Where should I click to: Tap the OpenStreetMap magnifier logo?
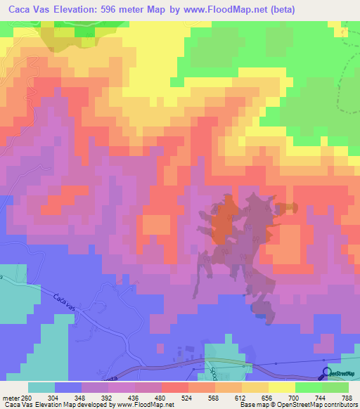tap(326, 373)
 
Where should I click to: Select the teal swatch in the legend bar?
tap(42, 387)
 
